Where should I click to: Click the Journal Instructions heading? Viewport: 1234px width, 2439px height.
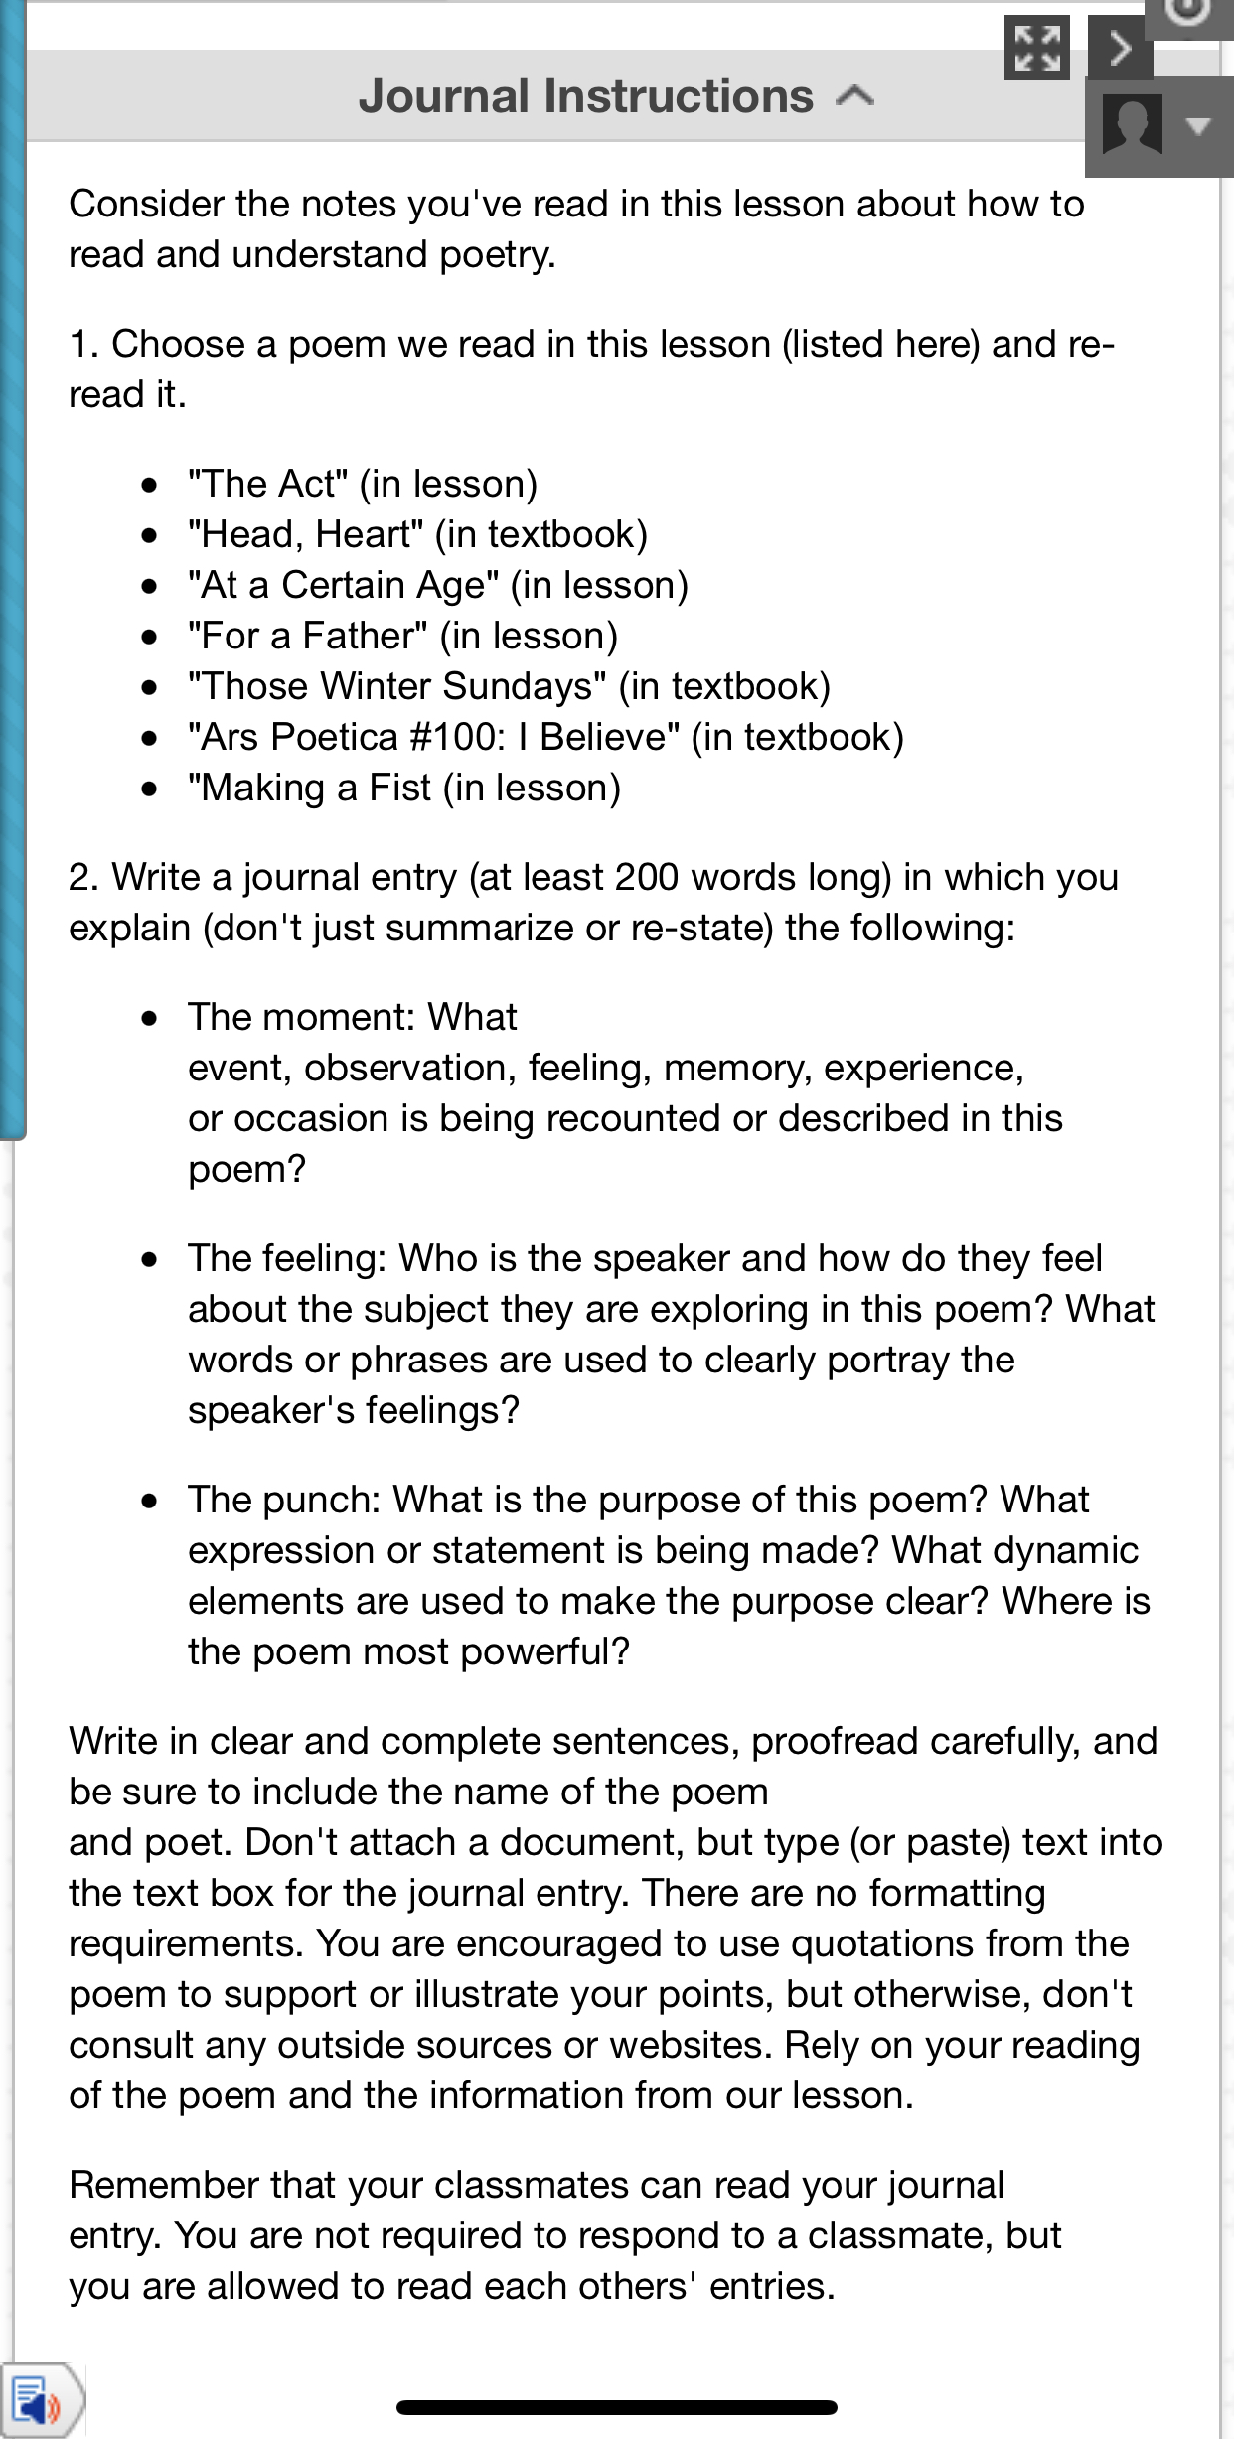point(585,97)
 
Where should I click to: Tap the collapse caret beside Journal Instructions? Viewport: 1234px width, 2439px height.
point(854,96)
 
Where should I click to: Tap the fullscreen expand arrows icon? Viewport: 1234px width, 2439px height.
point(1036,48)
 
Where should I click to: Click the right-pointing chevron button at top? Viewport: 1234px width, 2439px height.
point(1121,48)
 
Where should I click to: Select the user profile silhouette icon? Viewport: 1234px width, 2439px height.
point(1132,124)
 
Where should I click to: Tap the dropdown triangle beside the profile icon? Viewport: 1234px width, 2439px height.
point(1198,125)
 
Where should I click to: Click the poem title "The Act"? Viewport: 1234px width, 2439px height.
point(268,484)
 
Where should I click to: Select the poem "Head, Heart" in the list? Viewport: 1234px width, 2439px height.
point(306,534)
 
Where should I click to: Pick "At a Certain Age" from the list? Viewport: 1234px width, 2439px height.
point(343,585)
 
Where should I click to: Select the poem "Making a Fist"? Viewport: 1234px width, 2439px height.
point(310,788)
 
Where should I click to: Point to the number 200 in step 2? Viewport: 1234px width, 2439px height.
point(647,877)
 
